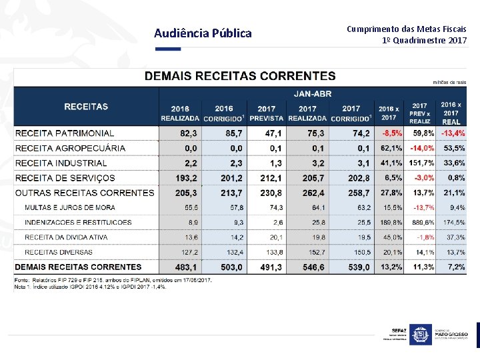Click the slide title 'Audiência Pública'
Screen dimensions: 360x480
pyautogui.click(x=203, y=33)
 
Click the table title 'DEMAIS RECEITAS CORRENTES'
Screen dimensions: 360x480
pyautogui.click(x=240, y=76)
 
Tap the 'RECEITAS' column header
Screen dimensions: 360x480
pyautogui.click(x=86, y=106)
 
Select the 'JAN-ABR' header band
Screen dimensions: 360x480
pyautogui.click(x=313, y=93)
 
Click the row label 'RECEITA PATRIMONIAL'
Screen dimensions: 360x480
pyautogui.click(x=65, y=133)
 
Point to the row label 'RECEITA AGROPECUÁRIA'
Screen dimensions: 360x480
pyautogui.click(x=70, y=148)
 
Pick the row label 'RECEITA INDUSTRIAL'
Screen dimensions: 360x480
pyautogui.click(x=61, y=163)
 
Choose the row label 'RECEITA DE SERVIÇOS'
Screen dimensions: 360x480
pyautogui.click(x=65, y=178)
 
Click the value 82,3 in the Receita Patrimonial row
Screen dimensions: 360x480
pyautogui.click(x=189, y=133)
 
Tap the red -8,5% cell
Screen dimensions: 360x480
pyautogui.click(x=391, y=133)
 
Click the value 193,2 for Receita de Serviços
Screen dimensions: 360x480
pyautogui.click(x=186, y=178)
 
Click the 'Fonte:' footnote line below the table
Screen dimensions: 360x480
pyautogui.click(x=113, y=280)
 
